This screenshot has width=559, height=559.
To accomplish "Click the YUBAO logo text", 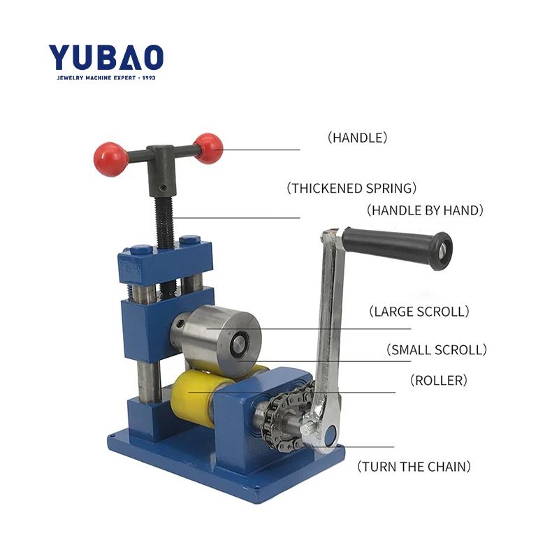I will click(x=106, y=57).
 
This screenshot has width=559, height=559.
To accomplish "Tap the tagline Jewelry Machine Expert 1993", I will click(x=106, y=77).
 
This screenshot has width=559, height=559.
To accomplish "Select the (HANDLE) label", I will click(x=357, y=138).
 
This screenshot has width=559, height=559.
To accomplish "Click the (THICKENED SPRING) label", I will click(x=352, y=188).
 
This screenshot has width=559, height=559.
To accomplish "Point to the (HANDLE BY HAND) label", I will click(x=425, y=210).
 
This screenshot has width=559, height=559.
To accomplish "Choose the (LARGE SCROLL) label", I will click(x=419, y=311).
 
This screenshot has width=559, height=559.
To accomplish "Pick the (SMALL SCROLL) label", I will click(x=436, y=349).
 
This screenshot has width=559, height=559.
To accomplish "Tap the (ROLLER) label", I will click(x=438, y=381).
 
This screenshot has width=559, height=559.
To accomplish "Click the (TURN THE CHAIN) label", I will click(x=414, y=466).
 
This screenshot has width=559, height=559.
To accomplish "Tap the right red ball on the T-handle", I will click(x=208, y=147).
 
